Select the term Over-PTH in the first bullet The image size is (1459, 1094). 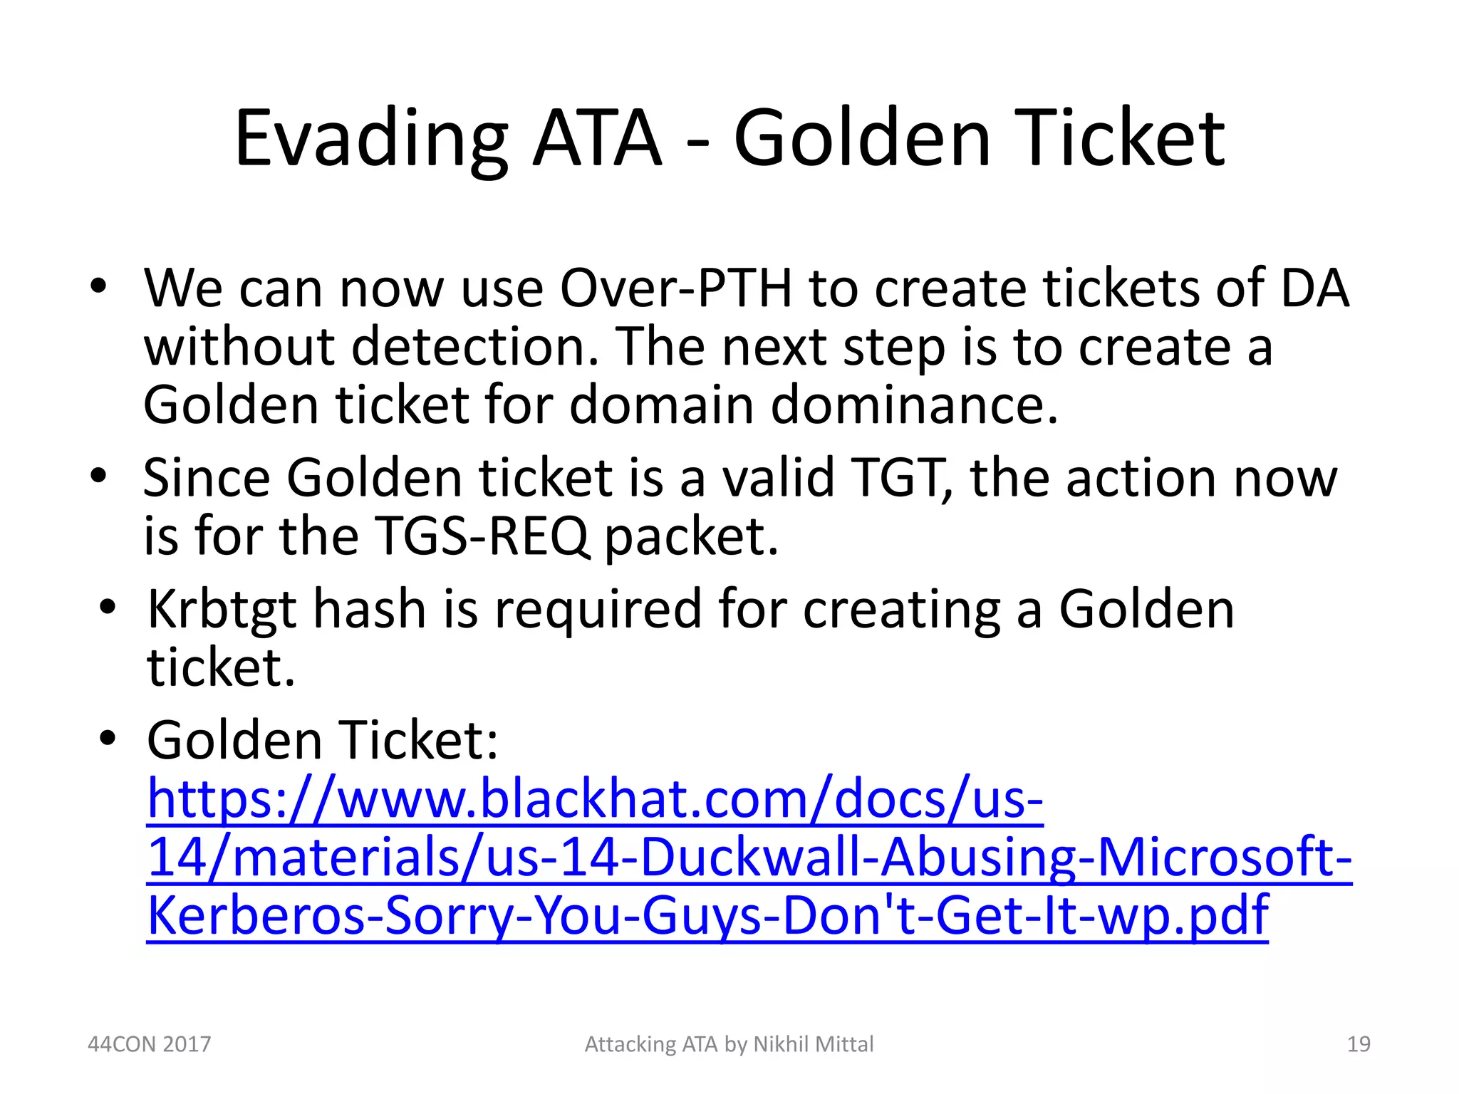(675, 288)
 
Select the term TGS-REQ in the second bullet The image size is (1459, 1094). (481, 536)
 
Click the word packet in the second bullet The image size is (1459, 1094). (691, 536)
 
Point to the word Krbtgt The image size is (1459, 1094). (221, 610)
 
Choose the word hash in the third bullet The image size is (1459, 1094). (369, 610)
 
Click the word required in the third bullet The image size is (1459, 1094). (598, 610)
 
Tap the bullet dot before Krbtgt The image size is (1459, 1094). (108, 608)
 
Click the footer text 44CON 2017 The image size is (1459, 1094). (149, 1044)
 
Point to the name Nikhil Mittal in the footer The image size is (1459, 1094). (813, 1044)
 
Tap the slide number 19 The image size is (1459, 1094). (1359, 1044)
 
